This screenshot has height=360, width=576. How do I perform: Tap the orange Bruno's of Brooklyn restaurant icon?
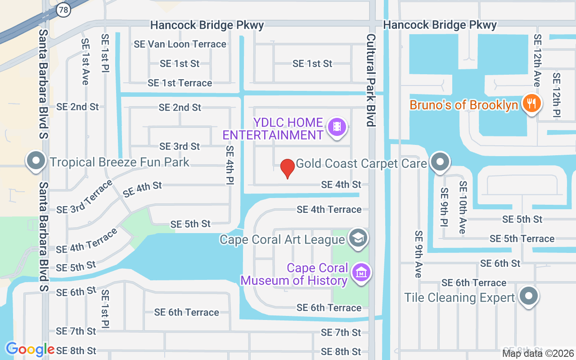click(531, 104)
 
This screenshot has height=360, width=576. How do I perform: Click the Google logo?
click(30, 349)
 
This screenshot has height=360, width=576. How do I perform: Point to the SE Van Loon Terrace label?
click(180, 44)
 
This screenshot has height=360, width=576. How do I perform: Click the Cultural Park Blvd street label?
click(370, 80)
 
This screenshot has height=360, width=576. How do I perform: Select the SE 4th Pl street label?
click(230, 165)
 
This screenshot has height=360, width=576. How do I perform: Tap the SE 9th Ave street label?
click(419, 254)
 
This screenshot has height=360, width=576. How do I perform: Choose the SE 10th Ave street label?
click(463, 207)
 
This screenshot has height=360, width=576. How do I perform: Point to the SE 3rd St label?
click(180, 147)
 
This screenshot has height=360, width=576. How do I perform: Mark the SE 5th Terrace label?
click(522, 239)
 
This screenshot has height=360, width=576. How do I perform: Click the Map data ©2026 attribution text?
click(538, 353)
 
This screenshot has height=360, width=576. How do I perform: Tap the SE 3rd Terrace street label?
click(85, 197)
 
